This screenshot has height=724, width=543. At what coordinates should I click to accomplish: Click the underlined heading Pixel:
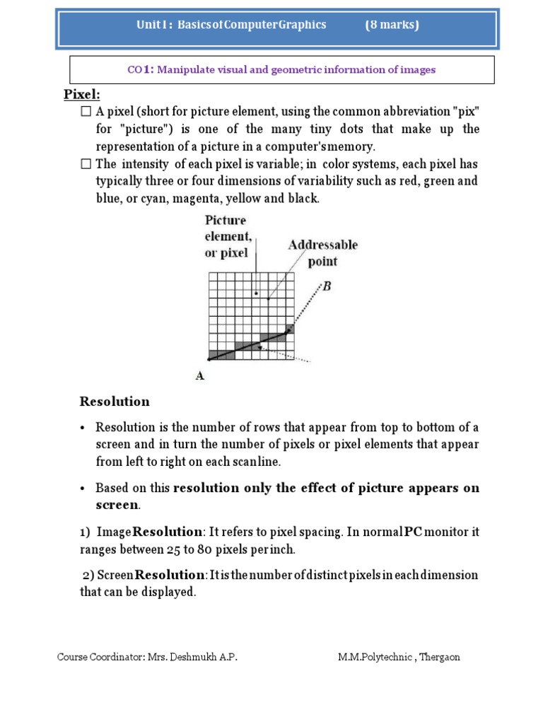pos(82,95)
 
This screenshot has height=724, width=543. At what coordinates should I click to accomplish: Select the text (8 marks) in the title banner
pos(392,25)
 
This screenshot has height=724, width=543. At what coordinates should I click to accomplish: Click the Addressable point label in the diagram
pos(322,253)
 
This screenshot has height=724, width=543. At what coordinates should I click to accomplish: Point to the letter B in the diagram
pos(327,286)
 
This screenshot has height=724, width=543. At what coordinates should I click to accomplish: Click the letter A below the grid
pos(200,377)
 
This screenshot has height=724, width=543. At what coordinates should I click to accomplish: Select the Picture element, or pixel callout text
pos(227,237)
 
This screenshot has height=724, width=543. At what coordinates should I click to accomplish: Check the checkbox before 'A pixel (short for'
pos(86,112)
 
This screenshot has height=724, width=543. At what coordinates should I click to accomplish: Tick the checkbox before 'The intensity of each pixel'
pos(86,164)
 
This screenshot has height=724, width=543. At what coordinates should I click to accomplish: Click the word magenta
pos(189,199)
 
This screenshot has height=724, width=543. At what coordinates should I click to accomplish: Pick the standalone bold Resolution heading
pos(115,402)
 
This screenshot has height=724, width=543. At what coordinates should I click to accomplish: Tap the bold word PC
pos(413,531)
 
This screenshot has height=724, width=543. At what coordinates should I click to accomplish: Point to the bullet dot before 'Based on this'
pos(83,489)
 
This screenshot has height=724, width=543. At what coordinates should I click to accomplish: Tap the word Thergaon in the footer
pos(440,657)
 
